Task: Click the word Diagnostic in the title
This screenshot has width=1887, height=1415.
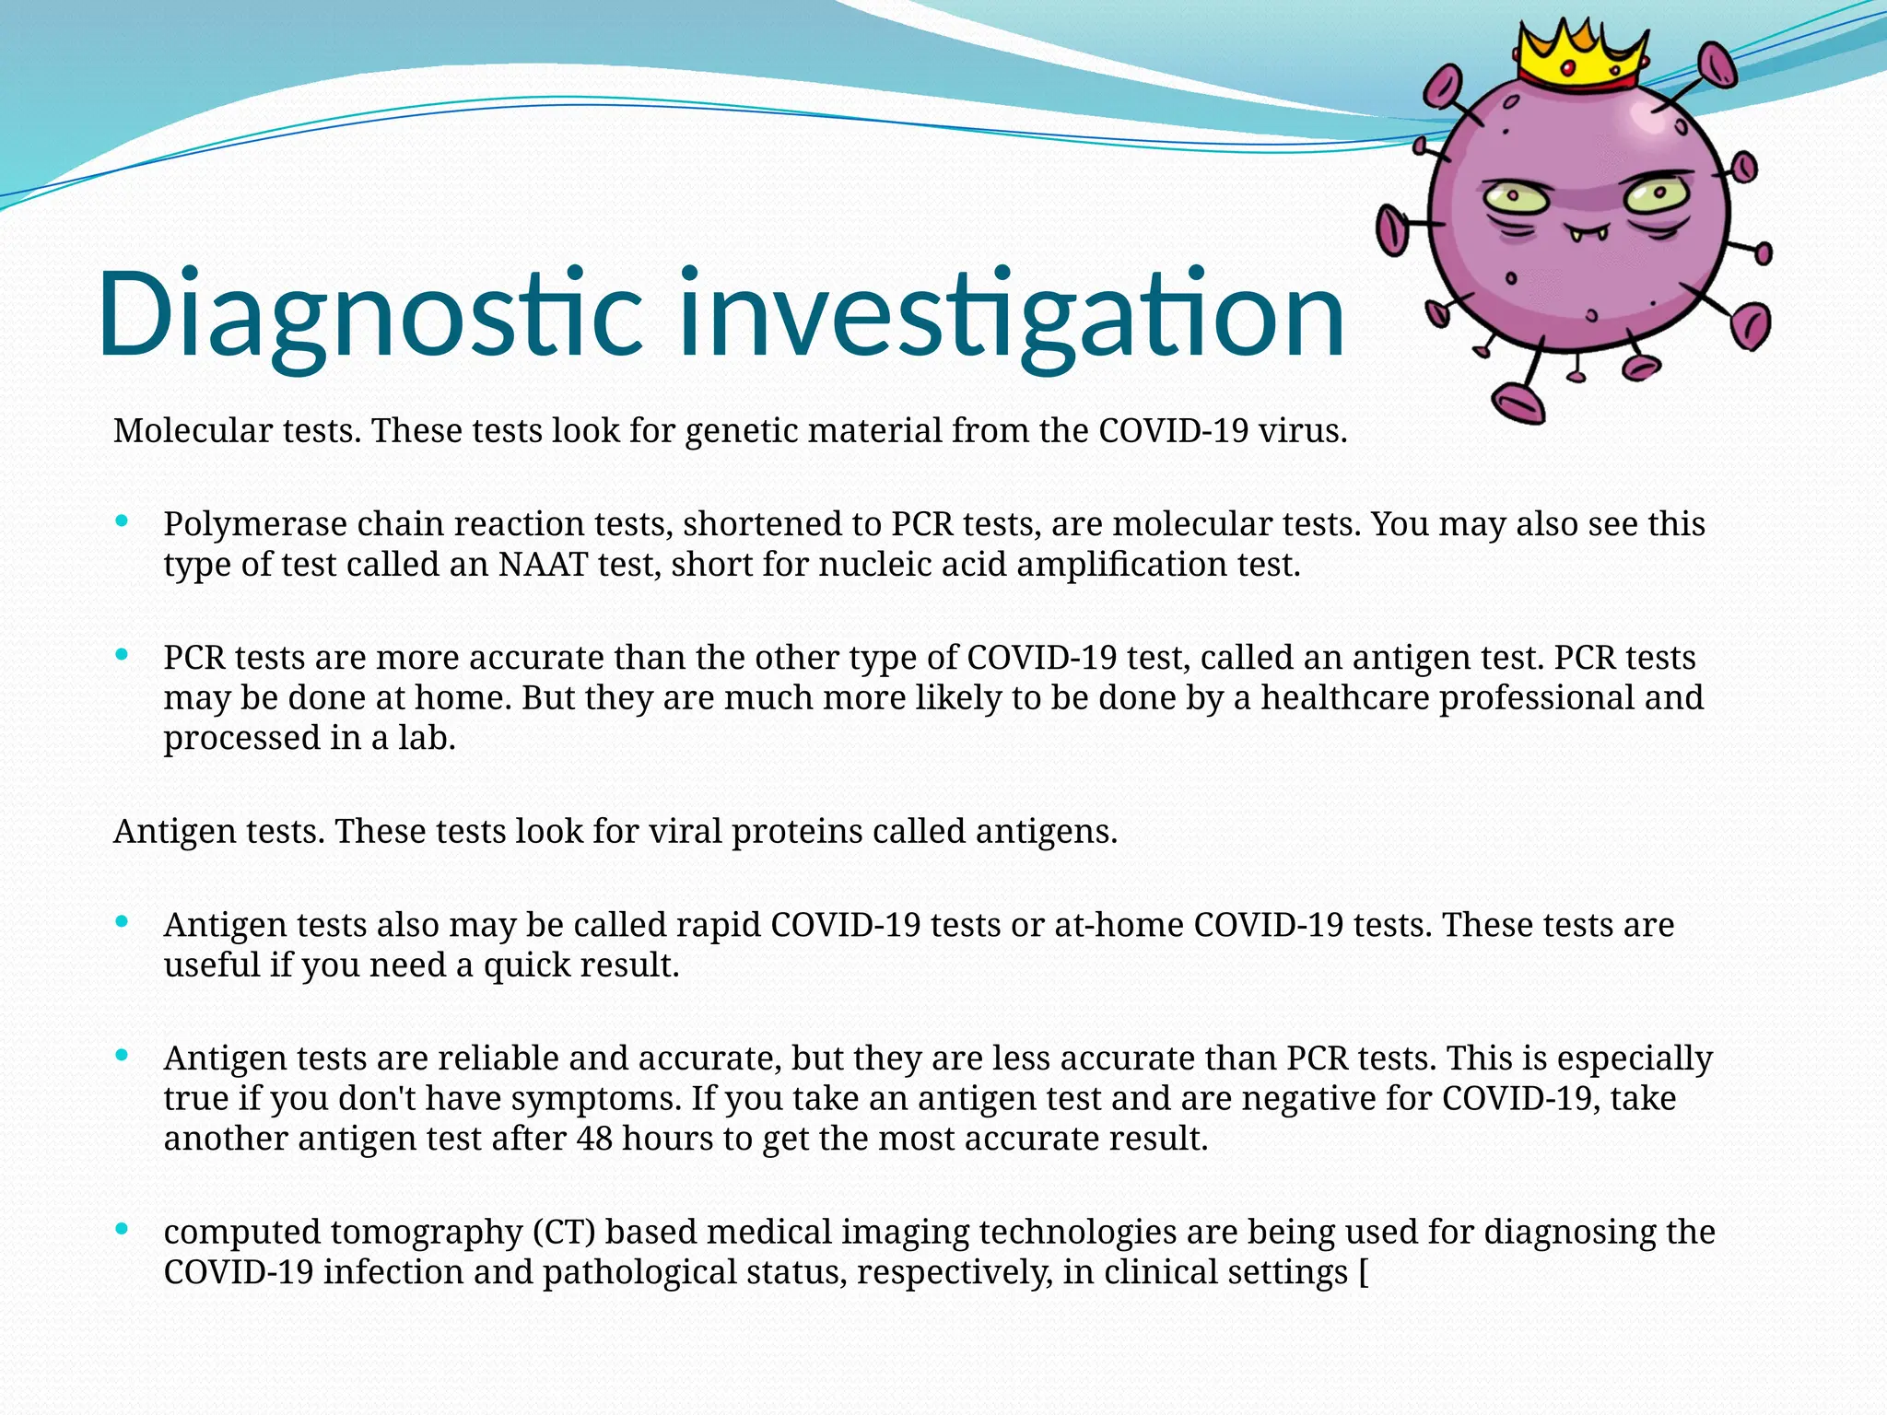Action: pos(369,313)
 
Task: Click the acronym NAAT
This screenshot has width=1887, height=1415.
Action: pos(543,564)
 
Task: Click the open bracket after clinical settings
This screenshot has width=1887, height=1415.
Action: pos(1364,1272)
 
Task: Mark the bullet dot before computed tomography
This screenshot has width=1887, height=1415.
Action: pos(122,1229)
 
